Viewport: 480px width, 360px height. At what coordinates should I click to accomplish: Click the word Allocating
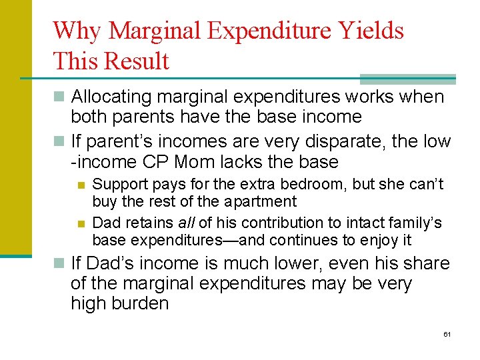pos(112,97)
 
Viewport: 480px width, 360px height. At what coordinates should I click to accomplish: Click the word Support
pos(115,184)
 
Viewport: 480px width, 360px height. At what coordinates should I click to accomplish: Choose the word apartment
pos(263,201)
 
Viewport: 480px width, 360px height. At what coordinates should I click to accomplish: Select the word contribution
pos(261,223)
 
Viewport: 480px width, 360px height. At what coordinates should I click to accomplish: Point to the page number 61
pos(447,333)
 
